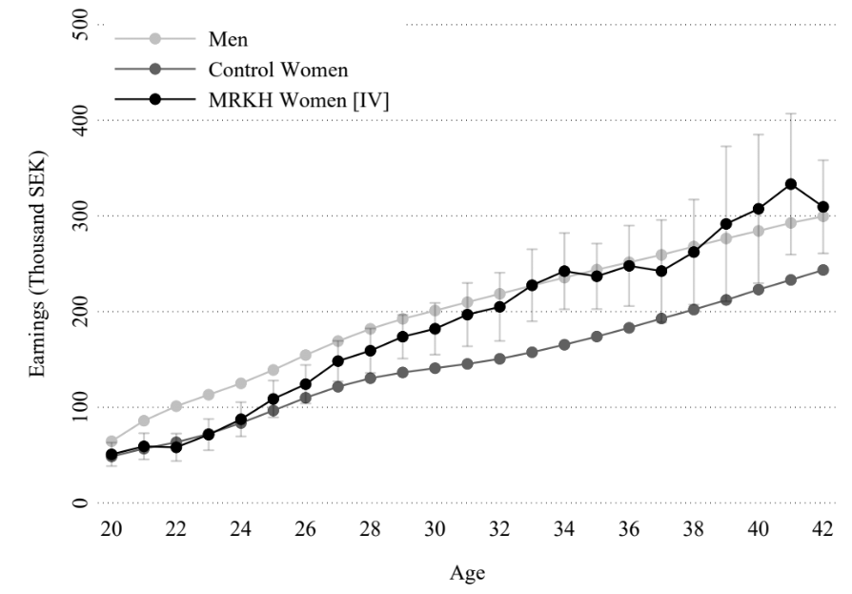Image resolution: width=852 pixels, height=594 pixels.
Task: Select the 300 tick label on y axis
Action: pos(80,215)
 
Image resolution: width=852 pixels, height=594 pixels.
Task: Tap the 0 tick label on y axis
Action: pos(80,503)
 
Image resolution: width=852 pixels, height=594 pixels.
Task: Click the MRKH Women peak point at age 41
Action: pos(791,184)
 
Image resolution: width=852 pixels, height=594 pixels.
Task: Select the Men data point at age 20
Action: pos(112,441)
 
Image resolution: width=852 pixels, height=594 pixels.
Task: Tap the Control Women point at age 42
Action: pos(822,270)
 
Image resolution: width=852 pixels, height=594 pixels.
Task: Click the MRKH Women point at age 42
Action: pos(822,207)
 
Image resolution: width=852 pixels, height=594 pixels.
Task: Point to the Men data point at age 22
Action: pos(176,406)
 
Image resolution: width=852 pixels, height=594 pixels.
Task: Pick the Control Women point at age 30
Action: pos(435,368)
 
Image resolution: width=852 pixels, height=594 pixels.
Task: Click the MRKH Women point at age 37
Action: pos(661,272)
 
